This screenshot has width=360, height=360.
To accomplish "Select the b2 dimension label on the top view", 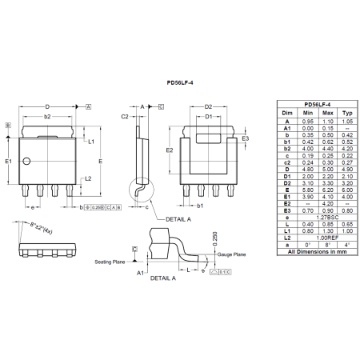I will click(x=47, y=117).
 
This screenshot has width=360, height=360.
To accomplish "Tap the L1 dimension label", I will click(x=92, y=142).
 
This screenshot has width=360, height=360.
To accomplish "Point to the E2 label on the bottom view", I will click(x=170, y=150).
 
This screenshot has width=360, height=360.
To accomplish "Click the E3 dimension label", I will click(x=246, y=138).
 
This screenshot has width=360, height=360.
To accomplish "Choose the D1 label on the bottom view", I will click(x=208, y=117).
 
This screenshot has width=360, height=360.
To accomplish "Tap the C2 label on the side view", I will click(x=126, y=117).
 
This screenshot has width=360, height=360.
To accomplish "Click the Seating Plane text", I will click(x=109, y=262).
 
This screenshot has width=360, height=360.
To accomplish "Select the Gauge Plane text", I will click(x=232, y=254).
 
